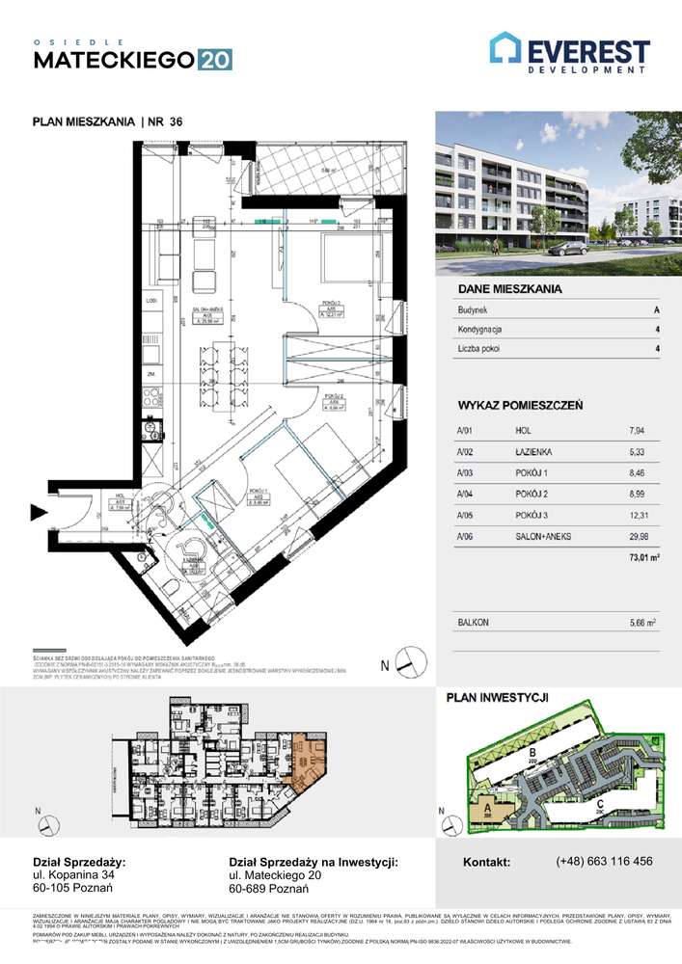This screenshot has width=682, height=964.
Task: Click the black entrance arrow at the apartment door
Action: pyautogui.click(x=40, y=513)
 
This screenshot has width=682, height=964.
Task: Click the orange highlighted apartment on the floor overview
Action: pyautogui.click(x=309, y=758)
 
